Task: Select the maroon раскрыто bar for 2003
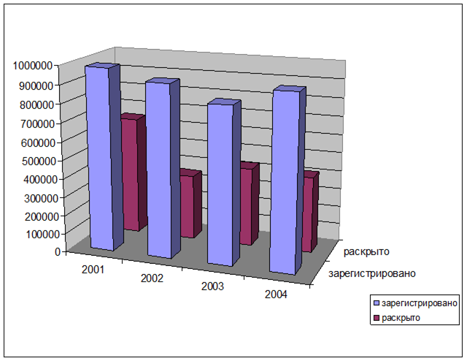point(247,206)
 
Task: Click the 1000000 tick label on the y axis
point(31,65)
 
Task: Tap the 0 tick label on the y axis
point(57,252)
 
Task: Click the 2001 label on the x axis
point(93,269)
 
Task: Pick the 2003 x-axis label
point(213,286)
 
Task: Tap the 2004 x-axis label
point(276,294)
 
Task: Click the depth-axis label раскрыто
point(367,251)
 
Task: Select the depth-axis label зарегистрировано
point(372,274)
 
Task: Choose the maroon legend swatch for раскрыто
point(377,318)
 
